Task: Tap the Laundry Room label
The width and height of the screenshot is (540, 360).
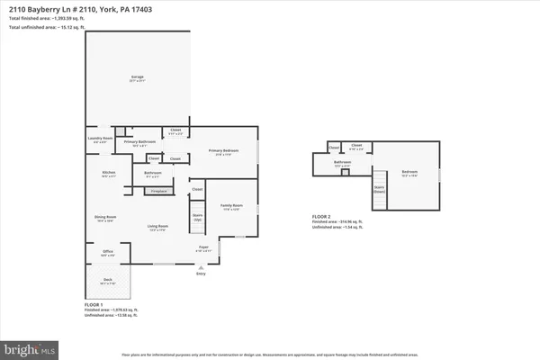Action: (x=100, y=139)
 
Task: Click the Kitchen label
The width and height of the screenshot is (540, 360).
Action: (x=108, y=173)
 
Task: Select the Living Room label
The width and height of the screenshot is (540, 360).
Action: (x=158, y=229)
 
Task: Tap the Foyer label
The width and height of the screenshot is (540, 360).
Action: (x=204, y=247)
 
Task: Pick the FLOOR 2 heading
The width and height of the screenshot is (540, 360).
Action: (x=322, y=217)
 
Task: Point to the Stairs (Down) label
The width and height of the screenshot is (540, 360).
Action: (x=379, y=189)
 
